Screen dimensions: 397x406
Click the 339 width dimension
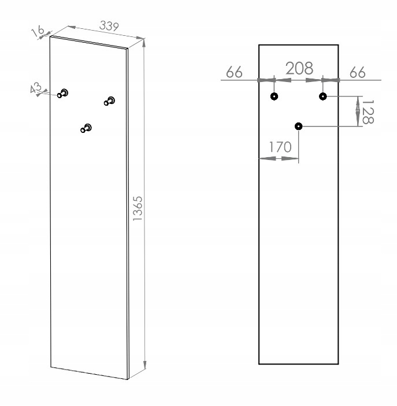pyautogui.click(x=109, y=26)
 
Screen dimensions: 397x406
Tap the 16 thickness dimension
pyautogui.click(x=38, y=31)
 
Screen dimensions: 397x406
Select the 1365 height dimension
pyautogui.click(x=138, y=208)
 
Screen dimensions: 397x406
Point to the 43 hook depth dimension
pyautogui.click(x=35, y=88)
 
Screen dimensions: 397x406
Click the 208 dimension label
pyautogui.click(x=299, y=68)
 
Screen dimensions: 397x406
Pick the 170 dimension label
pyautogui.click(x=280, y=147)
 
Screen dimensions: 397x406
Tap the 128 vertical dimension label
pyautogui.click(x=368, y=112)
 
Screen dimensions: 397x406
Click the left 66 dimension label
pyautogui.click(x=234, y=72)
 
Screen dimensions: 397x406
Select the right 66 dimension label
pyautogui.click(x=358, y=72)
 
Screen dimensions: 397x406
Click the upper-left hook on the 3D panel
pyautogui.click(x=63, y=93)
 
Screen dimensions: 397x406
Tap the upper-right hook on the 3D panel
pyautogui.click(x=109, y=100)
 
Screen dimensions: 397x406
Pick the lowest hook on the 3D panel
pyautogui.click(x=86, y=128)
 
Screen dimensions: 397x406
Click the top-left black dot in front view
pyautogui.click(x=274, y=96)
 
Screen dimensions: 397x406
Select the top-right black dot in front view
pyautogui.click(x=322, y=96)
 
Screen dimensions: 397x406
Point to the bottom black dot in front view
pyautogui.click(x=299, y=126)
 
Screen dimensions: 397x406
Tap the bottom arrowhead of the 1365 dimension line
pyautogui.click(x=144, y=364)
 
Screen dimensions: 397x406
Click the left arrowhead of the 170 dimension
pyautogui.click(x=268, y=158)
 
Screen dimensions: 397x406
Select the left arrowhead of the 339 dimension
pyautogui.click(x=72, y=27)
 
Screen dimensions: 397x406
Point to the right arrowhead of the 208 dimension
pyautogui.click(x=314, y=80)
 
